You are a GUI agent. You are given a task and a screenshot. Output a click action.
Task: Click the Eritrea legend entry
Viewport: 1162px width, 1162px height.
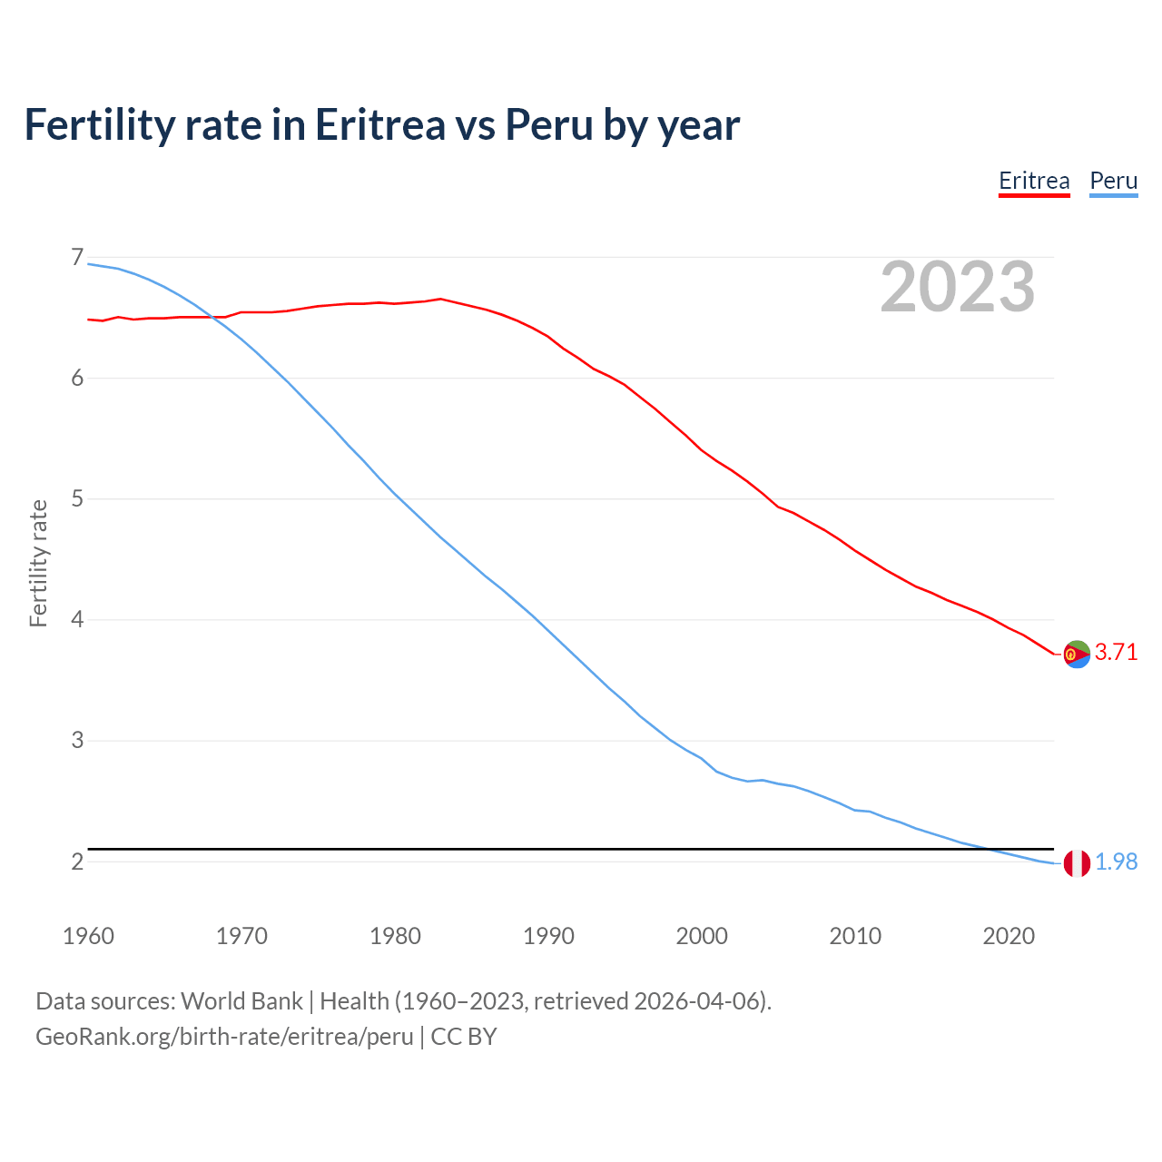pyautogui.click(x=1034, y=181)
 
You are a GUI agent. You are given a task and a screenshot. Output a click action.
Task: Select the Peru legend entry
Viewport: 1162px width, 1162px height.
pyautogui.click(x=1113, y=181)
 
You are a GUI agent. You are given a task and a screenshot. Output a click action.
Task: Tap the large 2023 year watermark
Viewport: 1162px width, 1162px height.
pyautogui.click(x=958, y=287)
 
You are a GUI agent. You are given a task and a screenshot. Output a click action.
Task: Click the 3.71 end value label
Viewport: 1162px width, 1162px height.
pyautogui.click(x=1116, y=653)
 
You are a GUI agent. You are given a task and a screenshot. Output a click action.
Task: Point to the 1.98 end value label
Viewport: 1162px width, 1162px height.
pyautogui.click(x=1116, y=862)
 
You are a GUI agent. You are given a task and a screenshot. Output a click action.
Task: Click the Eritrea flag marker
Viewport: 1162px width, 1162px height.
pyautogui.click(x=1077, y=654)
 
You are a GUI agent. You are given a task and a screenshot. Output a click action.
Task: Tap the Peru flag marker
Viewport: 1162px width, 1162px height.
pyautogui.click(x=1077, y=862)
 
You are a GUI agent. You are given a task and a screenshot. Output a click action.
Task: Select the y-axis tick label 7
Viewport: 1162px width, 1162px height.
pyautogui.click(x=77, y=258)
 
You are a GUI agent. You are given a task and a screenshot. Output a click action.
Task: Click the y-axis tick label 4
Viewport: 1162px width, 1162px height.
pyautogui.click(x=77, y=620)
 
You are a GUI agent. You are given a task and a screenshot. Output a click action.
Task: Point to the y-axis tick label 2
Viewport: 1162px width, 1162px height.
pyautogui.click(x=77, y=862)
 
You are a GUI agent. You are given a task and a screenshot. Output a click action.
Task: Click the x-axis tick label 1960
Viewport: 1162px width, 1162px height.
pyautogui.click(x=88, y=936)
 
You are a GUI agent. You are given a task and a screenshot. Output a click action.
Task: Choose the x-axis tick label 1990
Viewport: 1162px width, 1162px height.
pyautogui.click(x=548, y=936)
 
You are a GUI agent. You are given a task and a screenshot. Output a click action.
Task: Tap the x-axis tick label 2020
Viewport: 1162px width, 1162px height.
pyautogui.click(x=1009, y=936)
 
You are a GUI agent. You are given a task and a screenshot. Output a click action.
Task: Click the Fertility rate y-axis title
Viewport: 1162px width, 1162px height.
pyautogui.click(x=38, y=563)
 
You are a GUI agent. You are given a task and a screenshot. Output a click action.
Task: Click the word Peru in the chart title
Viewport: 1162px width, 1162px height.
pyautogui.click(x=548, y=124)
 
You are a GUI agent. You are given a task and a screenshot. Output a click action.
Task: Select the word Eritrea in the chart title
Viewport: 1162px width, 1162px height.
pyautogui.click(x=380, y=124)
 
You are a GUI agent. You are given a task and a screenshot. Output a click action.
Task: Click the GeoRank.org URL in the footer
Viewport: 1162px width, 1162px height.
pyautogui.click(x=224, y=1037)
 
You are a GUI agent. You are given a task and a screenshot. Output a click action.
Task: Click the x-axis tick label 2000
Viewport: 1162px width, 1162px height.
pyautogui.click(x=702, y=936)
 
